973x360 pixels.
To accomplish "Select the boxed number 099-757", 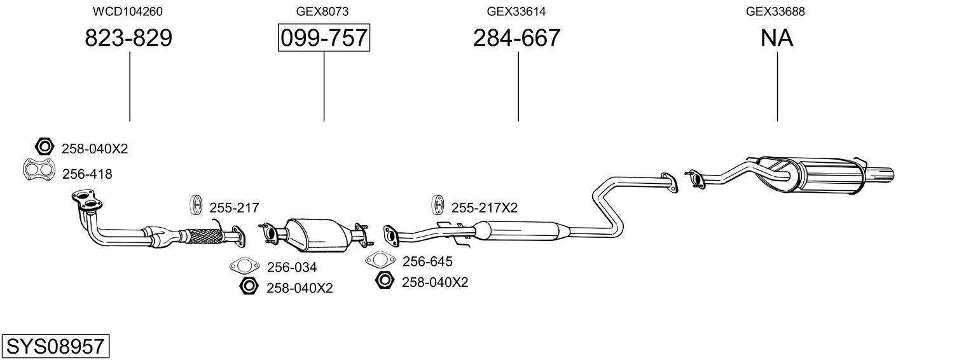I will click(x=324, y=38).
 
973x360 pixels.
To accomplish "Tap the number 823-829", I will click(x=128, y=38).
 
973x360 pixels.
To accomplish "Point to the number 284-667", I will click(x=516, y=38).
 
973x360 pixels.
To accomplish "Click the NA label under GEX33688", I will click(x=776, y=38).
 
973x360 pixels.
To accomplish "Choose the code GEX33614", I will click(x=516, y=11).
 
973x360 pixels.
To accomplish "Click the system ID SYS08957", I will click(x=55, y=347).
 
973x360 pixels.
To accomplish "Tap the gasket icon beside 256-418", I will click(x=38, y=170).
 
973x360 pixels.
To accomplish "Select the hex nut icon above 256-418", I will click(x=44, y=148).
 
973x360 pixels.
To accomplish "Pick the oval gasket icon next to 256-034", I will click(x=245, y=266).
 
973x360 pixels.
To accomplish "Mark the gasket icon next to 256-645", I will click(x=380, y=260).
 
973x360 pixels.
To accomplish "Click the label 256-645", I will click(x=427, y=261).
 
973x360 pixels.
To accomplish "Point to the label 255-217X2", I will click(x=484, y=207).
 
